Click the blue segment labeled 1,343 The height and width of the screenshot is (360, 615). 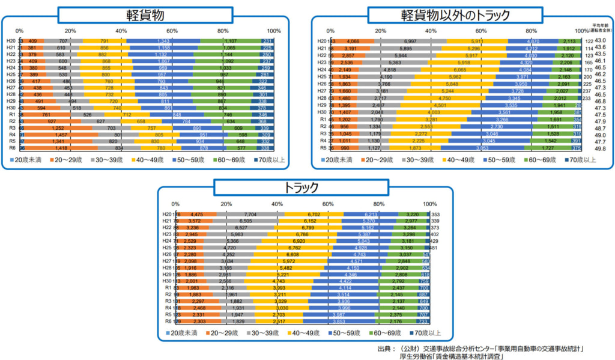[163, 41]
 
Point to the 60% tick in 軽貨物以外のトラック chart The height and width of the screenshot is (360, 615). [482, 31]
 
